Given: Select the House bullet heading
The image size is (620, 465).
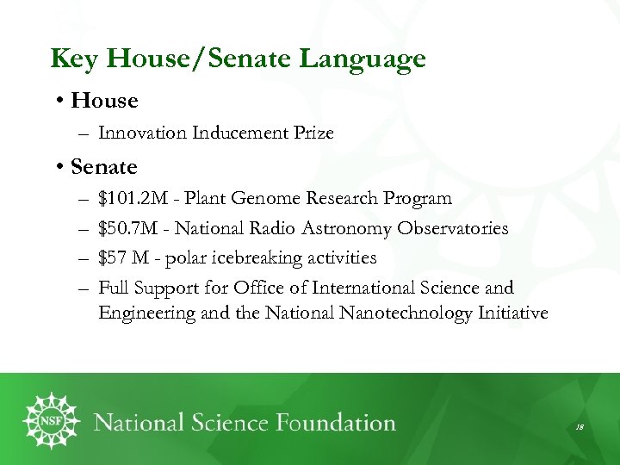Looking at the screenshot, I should tap(104, 101).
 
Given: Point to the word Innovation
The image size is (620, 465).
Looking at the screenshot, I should tap(143, 133).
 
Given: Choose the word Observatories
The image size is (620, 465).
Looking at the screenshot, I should tap(452, 228).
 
